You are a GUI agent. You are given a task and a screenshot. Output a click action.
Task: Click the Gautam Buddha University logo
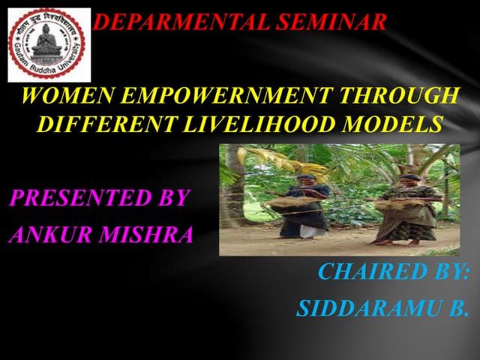point(46,44)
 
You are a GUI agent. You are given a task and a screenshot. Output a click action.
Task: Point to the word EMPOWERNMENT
point(225,97)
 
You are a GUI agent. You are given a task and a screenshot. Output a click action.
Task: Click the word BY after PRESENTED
point(171,199)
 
